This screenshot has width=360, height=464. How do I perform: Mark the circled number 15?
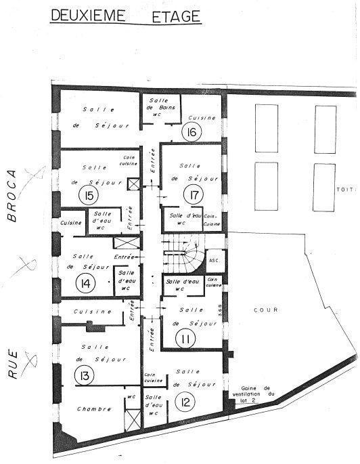(87, 196)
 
